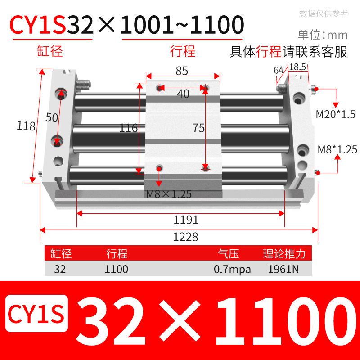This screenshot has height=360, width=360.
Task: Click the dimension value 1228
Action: [185, 237]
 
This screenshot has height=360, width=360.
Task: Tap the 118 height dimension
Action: [27, 126]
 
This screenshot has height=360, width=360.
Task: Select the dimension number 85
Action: [182, 71]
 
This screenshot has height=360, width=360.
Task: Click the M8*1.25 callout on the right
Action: [337, 149]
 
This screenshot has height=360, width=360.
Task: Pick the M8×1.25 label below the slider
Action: [169, 194]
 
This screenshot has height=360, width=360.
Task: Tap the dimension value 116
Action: [128, 128]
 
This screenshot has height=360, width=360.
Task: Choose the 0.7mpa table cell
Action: [232, 270]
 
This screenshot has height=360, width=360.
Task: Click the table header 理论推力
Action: [284, 254]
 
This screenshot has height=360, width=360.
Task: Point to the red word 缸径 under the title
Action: [49, 51]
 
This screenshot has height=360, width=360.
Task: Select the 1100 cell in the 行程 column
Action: [116, 270]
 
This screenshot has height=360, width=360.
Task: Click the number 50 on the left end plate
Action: [52, 118]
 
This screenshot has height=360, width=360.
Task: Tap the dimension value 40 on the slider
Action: [183, 94]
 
